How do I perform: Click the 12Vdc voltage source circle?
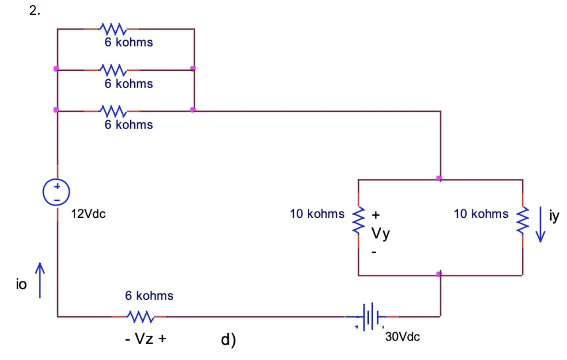point(57,192)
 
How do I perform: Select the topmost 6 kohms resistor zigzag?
point(113,29)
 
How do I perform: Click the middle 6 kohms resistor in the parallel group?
point(113,70)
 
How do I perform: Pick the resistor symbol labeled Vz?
point(140,317)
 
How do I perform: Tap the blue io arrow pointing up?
point(40,280)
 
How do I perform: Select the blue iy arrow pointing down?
point(540,224)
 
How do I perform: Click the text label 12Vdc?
point(88,214)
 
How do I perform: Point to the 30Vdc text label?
point(402,337)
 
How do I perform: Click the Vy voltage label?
point(380,233)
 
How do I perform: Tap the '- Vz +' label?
point(145,339)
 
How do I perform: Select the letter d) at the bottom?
point(229,340)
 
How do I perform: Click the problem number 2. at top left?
point(35,11)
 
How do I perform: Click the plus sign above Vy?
point(375,215)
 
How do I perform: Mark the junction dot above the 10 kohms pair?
point(439,178)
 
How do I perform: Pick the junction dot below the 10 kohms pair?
point(439,274)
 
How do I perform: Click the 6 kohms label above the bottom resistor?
point(149,295)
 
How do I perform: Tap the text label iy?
point(554,216)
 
